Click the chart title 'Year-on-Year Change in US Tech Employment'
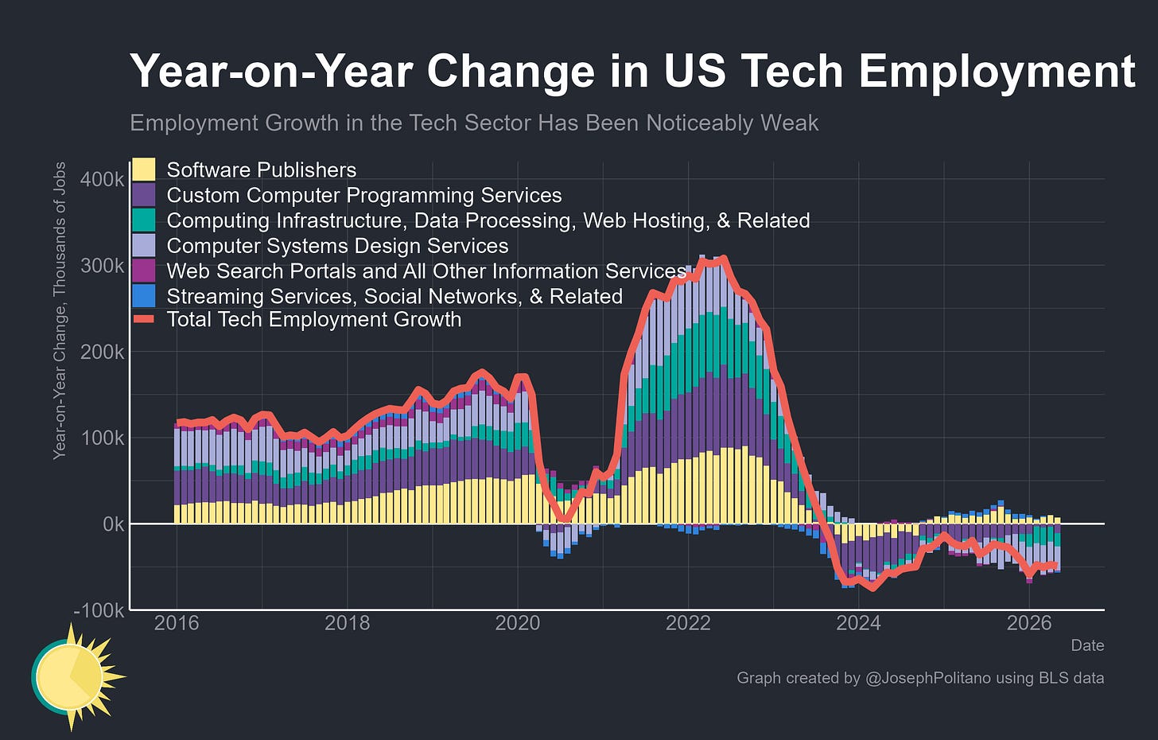pyautogui.click(x=632, y=72)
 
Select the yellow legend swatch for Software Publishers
pyautogui.click(x=144, y=169)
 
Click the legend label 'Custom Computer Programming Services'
pyautogui.click(x=364, y=196)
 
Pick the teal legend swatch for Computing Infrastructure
pyautogui.click(x=144, y=220)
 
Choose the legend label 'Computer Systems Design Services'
pyautogui.click(x=337, y=246)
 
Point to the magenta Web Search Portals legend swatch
pyautogui.click(x=144, y=271)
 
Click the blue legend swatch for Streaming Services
pyautogui.click(x=144, y=296)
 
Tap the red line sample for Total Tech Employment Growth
pyautogui.click(x=144, y=319)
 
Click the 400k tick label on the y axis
pyautogui.click(x=103, y=180)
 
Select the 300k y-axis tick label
pyautogui.click(x=103, y=265)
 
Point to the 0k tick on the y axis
pyautogui.click(x=113, y=524)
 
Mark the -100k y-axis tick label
pyautogui.click(x=99, y=610)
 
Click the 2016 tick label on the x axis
pyautogui.click(x=177, y=623)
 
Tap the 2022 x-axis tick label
pyautogui.click(x=688, y=623)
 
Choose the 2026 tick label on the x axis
pyautogui.click(x=1029, y=623)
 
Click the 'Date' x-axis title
pyautogui.click(x=1088, y=645)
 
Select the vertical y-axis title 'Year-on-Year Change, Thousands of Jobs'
pyautogui.click(x=60, y=310)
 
